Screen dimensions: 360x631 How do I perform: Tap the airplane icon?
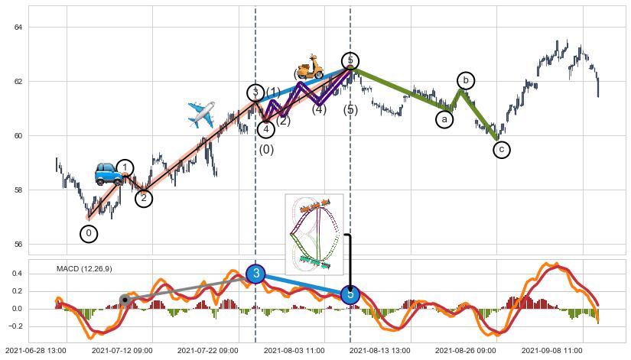click(201, 115)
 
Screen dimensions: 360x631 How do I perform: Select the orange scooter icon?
click(310, 68)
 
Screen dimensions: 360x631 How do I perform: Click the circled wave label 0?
click(89, 234)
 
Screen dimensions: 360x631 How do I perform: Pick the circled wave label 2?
click(144, 199)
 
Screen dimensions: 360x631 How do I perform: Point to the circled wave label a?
click(444, 119)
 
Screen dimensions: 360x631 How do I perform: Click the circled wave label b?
click(466, 80)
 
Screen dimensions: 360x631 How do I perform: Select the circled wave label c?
click(501, 150)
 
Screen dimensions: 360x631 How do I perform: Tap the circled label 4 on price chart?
click(265, 129)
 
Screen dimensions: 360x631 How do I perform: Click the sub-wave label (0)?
click(266, 150)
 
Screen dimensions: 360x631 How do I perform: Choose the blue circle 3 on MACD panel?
click(256, 274)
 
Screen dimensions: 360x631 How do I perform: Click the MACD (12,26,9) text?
click(84, 268)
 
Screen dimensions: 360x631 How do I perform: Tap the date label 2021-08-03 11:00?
click(294, 350)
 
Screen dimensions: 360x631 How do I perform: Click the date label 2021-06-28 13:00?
click(35, 350)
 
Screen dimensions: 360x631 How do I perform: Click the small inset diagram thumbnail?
click(314, 233)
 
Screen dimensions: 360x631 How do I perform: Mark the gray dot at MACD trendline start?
click(124, 299)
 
